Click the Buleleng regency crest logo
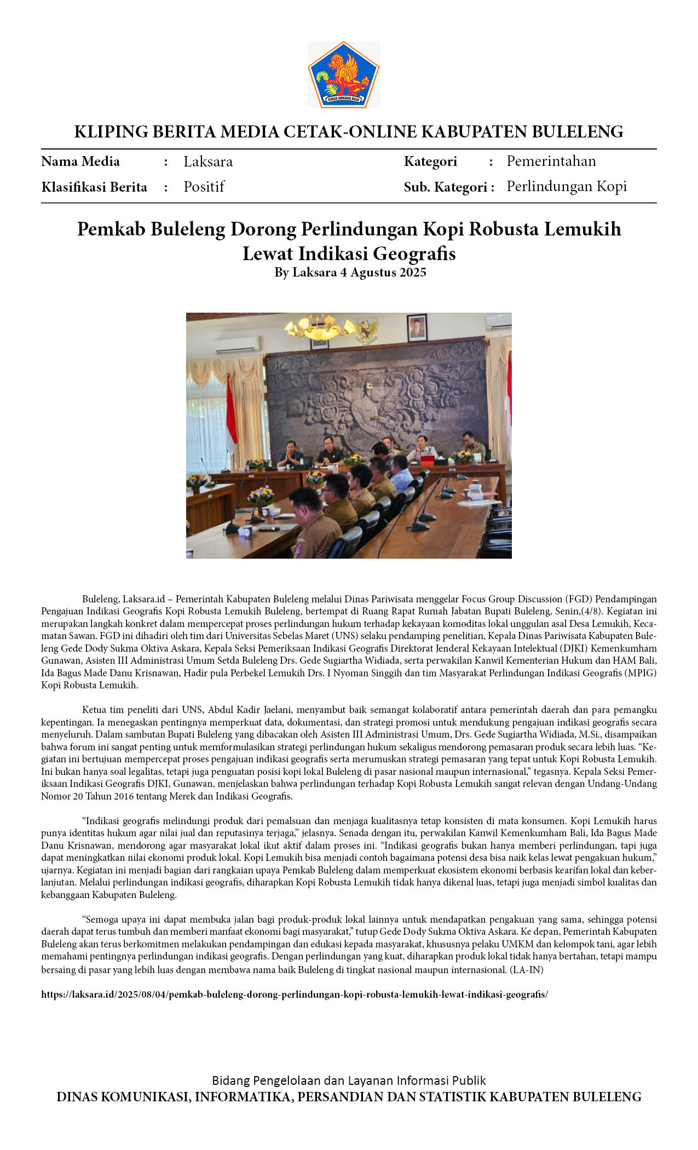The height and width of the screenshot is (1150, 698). coord(344,74)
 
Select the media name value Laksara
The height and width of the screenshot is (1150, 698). coord(208,162)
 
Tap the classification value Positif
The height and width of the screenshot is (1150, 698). coord(204,187)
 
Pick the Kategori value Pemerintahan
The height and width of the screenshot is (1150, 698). coord(551,161)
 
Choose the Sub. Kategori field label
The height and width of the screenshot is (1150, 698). coord(449,187)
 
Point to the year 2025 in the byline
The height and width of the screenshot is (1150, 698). coord(412,272)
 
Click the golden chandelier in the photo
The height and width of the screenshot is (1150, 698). coord(320,327)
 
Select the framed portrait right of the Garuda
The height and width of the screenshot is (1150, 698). coord(417,327)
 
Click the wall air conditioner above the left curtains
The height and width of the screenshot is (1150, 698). coord(236,344)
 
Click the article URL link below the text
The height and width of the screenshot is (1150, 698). coord(295,994)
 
